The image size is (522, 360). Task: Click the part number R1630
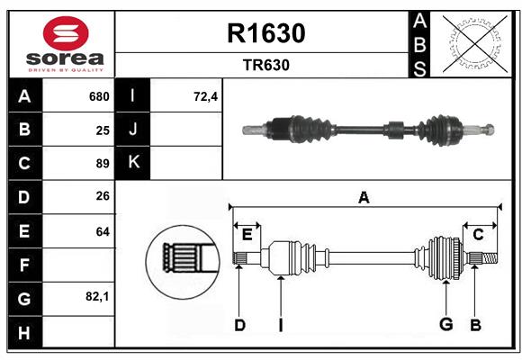(x=266, y=33)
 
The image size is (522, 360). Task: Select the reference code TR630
(x=266, y=65)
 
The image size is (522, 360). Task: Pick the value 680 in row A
(x=98, y=96)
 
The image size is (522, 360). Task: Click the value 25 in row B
(x=102, y=130)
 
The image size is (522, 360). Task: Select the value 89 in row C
(x=102, y=164)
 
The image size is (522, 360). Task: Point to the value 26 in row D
(x=102, y=197)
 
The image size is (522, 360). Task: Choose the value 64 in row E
(x=102, y=231)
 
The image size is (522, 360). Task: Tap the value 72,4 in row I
(x=206, y=96)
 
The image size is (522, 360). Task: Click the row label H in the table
(x=24, y=333)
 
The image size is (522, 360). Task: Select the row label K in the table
(x=133, y=163)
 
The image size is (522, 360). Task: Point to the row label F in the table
(x=24, y=265)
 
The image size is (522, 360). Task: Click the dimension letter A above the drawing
(x=364, y=197)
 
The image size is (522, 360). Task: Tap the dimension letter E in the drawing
(x=247, y=234)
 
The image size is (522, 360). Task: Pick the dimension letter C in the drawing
(x=478, y=234)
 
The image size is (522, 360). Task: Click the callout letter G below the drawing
(x=445, y=324)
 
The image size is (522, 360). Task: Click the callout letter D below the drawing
(x=239, y=324)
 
